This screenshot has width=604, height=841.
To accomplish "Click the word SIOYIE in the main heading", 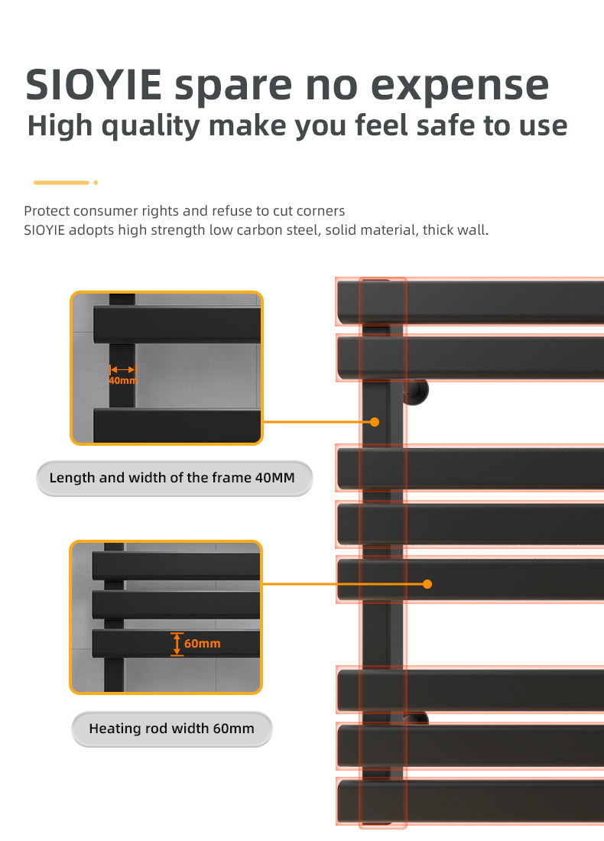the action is coord(93,85).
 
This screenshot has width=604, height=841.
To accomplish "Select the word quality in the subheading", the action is coord(151,127).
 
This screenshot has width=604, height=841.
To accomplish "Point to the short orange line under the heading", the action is coord(61,183).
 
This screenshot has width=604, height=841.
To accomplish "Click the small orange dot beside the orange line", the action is coord(96,183).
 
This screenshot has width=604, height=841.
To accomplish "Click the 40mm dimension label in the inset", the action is coord(123,380).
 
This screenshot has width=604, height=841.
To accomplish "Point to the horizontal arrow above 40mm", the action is coord(123,369).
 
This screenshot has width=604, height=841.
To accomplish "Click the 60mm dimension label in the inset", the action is coord(203,644).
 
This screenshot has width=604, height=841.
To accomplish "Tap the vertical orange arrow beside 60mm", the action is coord(177,644).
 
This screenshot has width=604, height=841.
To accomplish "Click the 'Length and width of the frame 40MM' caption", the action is coord(172,477).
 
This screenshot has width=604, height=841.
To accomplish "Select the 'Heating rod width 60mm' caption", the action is coord(172,729).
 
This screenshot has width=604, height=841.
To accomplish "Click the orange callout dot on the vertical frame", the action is coord(375,422).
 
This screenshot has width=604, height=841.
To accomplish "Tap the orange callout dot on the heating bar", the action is coord(427,584).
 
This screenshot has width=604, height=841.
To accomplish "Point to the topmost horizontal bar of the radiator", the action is coord(471,302).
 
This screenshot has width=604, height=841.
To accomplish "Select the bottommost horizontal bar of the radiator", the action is coord(471,801).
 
